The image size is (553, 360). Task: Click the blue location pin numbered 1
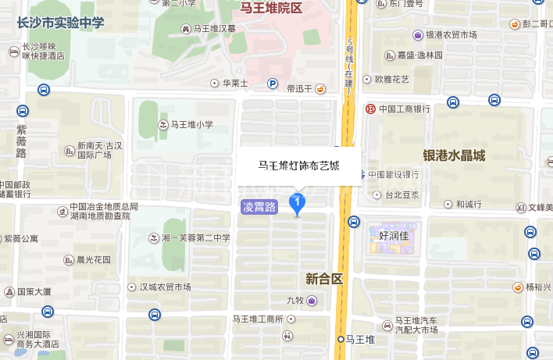pyautogui.click(x=297, y=203)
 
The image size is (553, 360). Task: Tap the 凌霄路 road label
pyautogui.click(x=259, y=207)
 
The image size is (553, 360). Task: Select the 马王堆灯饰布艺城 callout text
pyautogui.click(x=299, y=166)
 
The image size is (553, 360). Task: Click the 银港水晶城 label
pyautogui.click(x=454, y=155)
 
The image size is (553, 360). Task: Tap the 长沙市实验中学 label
pyautogui.click(x=60, y=22)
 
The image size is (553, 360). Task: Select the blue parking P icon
pyautogui.click(x=273, y=84)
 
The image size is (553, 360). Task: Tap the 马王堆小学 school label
pyautogui.click(x=191, y=124)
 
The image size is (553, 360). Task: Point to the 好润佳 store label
pyautogui.click(x=393, y=234)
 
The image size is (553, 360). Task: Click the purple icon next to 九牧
pyautogui.click(x=312, y=300)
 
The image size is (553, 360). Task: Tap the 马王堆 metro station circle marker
pyautogui.click(x=341, y=339)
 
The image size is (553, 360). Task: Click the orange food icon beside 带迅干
pyautogui.click(x=320, y=89)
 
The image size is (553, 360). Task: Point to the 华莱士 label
pyautogui.click(x=234, y=83)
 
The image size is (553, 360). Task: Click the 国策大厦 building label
pyautogui.click(x=34, y=291)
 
